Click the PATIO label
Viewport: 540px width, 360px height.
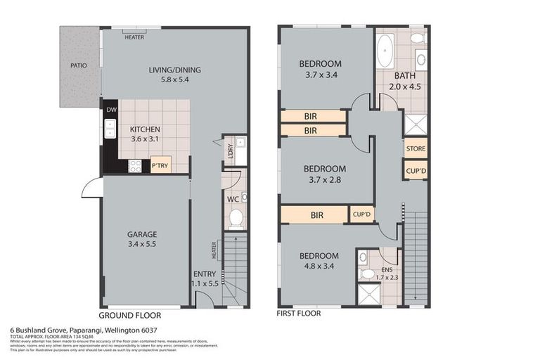79,66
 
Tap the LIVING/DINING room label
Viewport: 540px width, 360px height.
174,70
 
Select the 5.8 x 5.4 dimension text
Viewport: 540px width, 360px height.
174,79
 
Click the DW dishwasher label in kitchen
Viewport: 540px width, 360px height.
111,110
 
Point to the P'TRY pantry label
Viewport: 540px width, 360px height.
160,166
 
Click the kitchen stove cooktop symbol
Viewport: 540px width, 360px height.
135,166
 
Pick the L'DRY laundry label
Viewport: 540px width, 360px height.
229,150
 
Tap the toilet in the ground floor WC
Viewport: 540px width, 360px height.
236,219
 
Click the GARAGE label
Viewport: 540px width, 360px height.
142,234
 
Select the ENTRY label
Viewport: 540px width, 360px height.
204,274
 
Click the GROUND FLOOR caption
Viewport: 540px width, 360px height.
129,316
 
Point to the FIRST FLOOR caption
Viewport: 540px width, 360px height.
300,314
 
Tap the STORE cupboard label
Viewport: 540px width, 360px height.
415,149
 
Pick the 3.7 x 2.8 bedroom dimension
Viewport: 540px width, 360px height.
324,179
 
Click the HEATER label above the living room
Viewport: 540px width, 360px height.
134,37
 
